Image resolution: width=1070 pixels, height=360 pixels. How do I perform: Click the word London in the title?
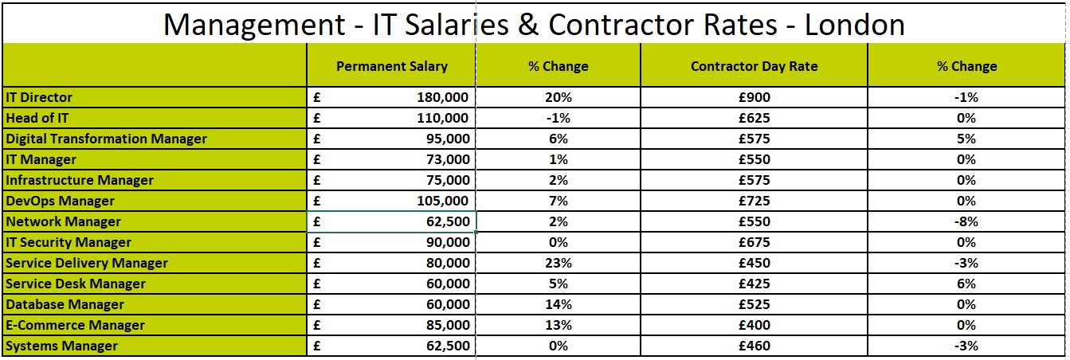coord(854,24)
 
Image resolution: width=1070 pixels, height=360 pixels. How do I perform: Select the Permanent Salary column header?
coord(391,66)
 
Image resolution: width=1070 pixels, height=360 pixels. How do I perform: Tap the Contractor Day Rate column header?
coord(754,66)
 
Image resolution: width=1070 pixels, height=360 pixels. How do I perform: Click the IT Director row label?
coord(39,97)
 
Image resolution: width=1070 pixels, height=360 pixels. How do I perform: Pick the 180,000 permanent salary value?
coord(443,97)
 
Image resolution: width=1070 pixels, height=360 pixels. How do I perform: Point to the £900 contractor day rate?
coord(754,97)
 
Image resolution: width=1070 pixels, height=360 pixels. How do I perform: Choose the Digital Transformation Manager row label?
coord(106,139)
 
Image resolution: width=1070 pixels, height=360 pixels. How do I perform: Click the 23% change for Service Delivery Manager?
coord(558,263)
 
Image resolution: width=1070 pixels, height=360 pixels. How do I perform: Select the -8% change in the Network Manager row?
coord(966,221)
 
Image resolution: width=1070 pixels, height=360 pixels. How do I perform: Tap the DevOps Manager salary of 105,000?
coord(443,201)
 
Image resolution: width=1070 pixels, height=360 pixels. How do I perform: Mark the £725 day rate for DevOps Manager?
coord(754,201)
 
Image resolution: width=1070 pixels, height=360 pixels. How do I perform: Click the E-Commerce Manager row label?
coord(75,325)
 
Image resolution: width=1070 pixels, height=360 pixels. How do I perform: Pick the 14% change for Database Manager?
coord(558,304)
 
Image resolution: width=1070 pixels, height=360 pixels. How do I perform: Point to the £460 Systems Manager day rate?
coord(754,346)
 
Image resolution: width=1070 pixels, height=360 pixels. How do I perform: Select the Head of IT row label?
coord(37,118)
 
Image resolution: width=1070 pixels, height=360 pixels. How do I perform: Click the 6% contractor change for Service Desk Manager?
coord(966,284)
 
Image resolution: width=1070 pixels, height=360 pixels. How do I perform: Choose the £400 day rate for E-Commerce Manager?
coord(754,325)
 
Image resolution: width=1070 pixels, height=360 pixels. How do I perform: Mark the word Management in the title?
coord(252,24)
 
